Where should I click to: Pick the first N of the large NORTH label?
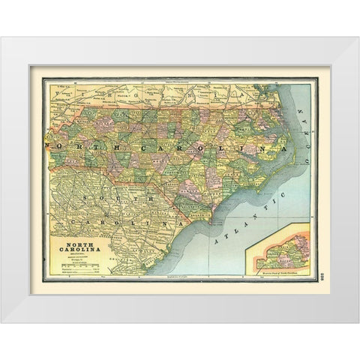pyautogui.click(x=49, y=144)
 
